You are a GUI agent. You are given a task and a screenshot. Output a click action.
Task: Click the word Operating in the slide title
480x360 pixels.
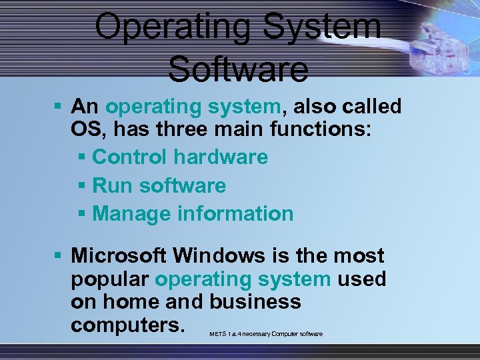172,27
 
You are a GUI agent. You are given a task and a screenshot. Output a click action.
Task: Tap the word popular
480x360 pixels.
110,279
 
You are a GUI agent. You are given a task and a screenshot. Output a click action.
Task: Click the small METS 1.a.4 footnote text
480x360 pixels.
265,333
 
